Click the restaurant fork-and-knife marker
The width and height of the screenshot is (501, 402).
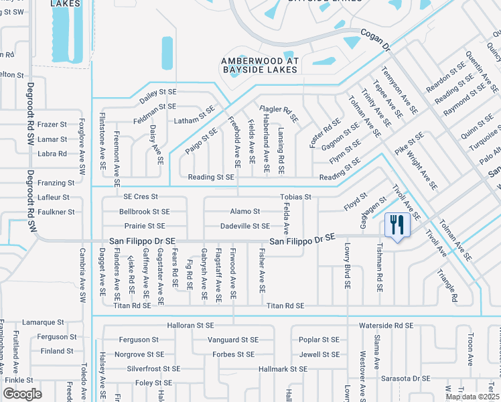(x=396, y=225)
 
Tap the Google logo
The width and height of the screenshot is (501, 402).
(x=22, y=394)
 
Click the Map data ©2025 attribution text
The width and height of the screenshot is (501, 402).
(x=473, y=397)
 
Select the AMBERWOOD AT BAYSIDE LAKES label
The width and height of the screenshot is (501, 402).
(x=265, y=64)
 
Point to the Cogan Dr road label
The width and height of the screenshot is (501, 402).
(x=375, y=40)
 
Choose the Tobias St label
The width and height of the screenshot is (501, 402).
(x=295, y=197)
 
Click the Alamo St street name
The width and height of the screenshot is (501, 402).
(x=245, y=212)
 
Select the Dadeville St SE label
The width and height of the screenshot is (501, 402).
(x=245, y=226)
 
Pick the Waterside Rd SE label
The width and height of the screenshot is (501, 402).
(x=384, y=326)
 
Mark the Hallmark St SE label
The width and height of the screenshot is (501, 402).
(x=282, y=369)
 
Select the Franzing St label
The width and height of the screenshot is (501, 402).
(x=56, y=183)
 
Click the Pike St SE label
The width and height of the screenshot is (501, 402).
(x=409, y=147)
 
